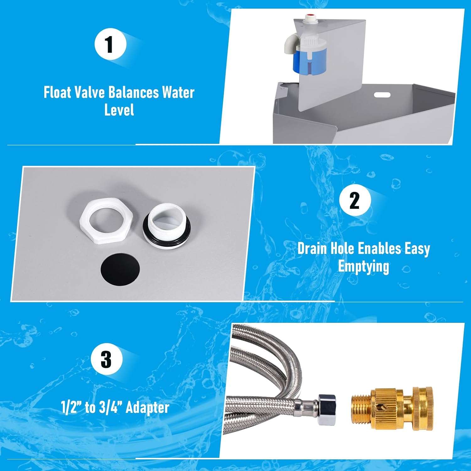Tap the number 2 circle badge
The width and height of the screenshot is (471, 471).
click(x=355, y=200)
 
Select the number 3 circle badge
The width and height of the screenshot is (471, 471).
click(x=106, y=359)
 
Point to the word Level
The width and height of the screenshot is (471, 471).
click(x=119, y=110)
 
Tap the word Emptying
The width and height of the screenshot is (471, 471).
click(x=363, y=267)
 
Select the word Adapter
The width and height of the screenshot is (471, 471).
click(x=148, y=408)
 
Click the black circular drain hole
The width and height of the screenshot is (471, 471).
click(x=121, y=268)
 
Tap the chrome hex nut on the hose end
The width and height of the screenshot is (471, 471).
click(x=327, y=410)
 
